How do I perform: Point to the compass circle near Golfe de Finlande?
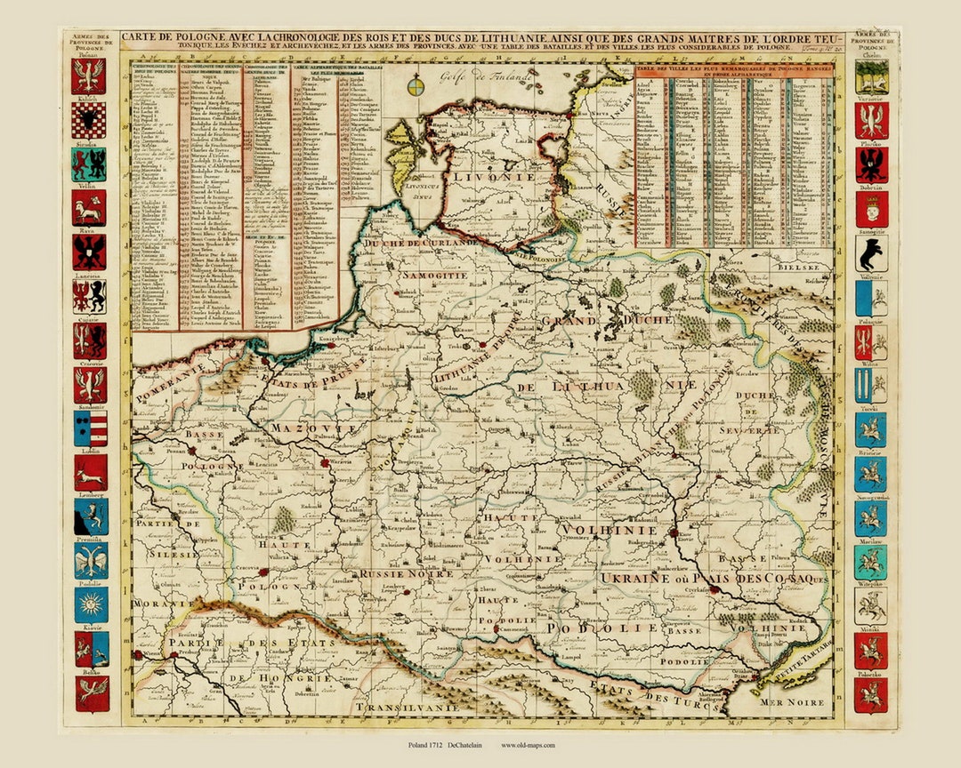(416, 86)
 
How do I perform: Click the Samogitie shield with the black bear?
(870, 254)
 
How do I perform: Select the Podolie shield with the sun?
(90, 605)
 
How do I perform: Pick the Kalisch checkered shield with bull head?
(90, 120)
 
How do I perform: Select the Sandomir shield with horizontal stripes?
(90, 428)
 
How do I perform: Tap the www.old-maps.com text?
(529, 745)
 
